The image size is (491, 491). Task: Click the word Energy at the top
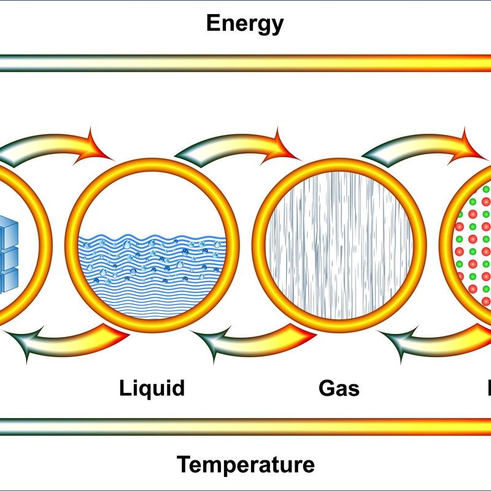(x=245, y=23)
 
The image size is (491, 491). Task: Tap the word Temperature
(x=245, y=464)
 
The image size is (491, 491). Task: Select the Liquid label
(x=152, y=388)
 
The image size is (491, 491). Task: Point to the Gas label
(x=339, y=388)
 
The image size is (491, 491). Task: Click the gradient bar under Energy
(x=245, y=63)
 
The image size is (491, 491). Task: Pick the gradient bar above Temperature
(x=245, y=427)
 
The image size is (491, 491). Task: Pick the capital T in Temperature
(x=184, y=464)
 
